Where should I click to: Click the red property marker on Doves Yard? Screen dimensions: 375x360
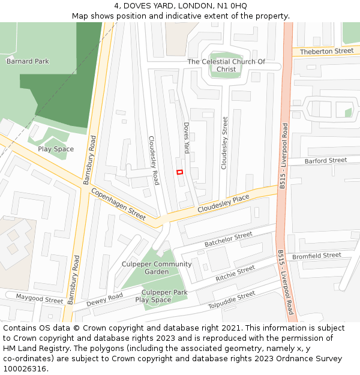179,172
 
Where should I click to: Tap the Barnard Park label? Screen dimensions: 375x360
28,61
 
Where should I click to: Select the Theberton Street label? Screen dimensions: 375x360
327,52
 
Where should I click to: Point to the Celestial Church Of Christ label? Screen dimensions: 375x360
226,65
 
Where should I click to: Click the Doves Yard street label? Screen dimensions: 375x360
187,138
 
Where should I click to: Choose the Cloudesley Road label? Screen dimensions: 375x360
154,160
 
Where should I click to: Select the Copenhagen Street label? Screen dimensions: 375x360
118,205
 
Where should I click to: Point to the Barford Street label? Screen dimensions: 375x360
325,161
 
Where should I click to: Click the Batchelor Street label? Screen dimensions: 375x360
229,239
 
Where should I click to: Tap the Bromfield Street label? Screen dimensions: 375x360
316,256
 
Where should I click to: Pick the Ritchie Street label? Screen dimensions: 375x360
235,274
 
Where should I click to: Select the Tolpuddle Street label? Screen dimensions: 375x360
232,299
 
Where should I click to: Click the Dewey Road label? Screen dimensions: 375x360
104,300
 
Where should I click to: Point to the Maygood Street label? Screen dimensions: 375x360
40,298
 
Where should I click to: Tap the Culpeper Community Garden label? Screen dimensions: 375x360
157,268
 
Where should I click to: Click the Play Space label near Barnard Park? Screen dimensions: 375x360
56,149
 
